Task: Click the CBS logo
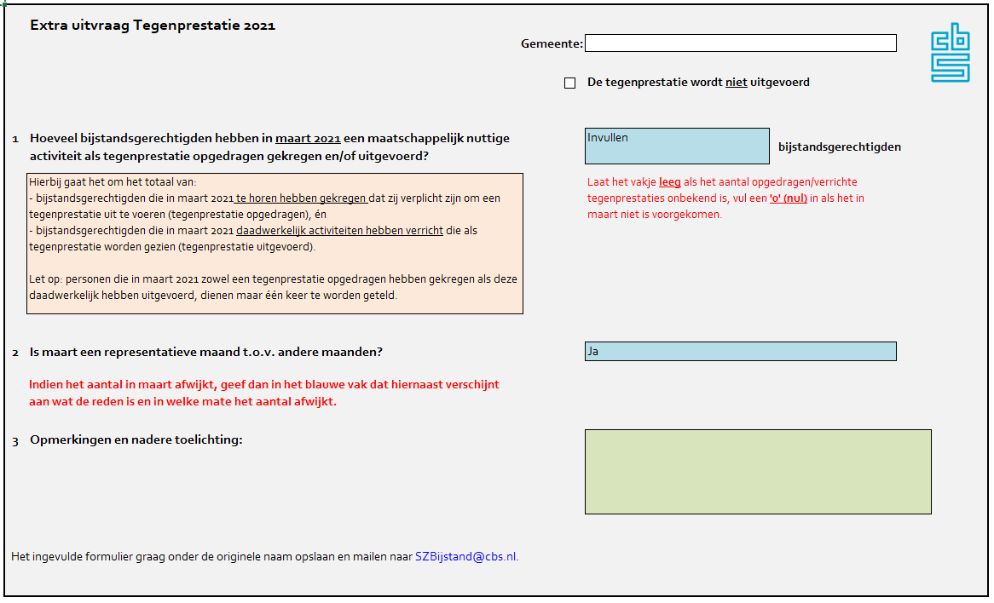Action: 950,53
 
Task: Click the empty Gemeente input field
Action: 740,43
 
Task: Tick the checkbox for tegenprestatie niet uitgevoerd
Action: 570,83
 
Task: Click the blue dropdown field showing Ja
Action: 740,351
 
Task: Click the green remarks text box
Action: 758,472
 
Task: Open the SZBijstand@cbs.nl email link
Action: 465,557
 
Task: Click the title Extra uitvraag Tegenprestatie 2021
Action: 153,26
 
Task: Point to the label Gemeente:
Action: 552,44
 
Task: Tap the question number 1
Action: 15,139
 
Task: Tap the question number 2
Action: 15,353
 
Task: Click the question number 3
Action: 15,441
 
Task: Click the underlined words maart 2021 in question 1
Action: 308,139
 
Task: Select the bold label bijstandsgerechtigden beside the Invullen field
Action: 839,147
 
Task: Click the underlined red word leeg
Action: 669,182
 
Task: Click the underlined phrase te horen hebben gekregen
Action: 302,198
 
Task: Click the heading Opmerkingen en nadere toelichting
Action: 136,440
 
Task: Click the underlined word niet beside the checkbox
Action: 736,83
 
